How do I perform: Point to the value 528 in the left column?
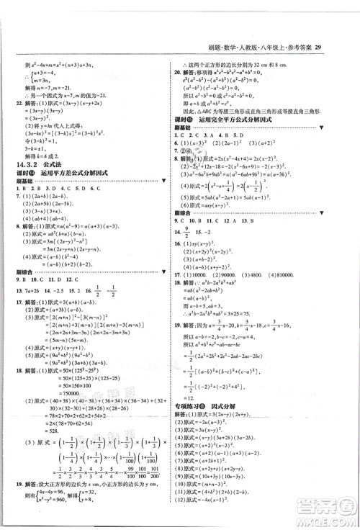(x=68, y=426)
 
